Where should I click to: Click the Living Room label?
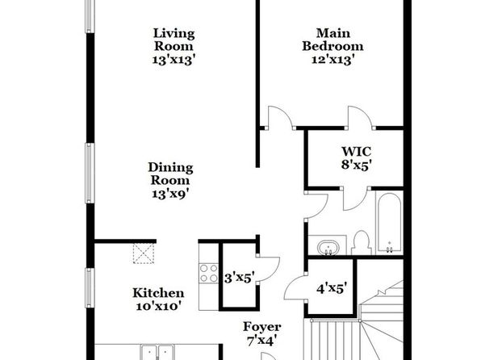pos(174,40)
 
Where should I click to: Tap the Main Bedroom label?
pos(333,40)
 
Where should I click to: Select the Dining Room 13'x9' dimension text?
pos(170,194)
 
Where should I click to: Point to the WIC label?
pos(357,151)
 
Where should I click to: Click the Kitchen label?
pos(158,293)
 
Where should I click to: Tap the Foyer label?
pos(261,327)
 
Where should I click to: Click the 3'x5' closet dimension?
pos(239,278)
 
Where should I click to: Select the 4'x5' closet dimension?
pos(332,288)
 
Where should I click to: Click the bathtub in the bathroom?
pos(389,223)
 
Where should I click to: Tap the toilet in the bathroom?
pos(361,242)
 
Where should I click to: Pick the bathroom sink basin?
pos(328,247)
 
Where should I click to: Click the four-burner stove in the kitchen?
pos(208,274)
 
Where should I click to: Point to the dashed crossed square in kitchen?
pos(144,253)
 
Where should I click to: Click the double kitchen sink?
pos(157,352)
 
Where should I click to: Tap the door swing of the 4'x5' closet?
pos(296,288)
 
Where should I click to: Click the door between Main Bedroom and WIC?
pos(359,118)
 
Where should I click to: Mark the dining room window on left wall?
pos(90,173)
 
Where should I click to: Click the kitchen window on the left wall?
pos(90,288)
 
